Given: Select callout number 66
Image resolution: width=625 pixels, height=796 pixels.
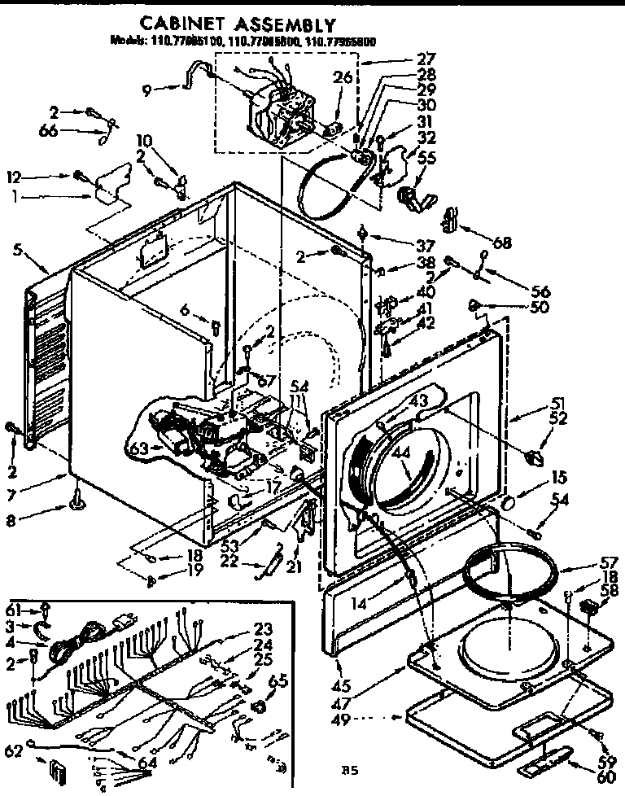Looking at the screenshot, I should pyautogui.click(x=50, y=130).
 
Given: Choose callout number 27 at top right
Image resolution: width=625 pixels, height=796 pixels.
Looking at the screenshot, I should pyautogui.click(x=426, y=59).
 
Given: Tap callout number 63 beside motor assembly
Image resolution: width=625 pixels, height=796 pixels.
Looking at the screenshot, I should pyautogui.click(x=138, y=446).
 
